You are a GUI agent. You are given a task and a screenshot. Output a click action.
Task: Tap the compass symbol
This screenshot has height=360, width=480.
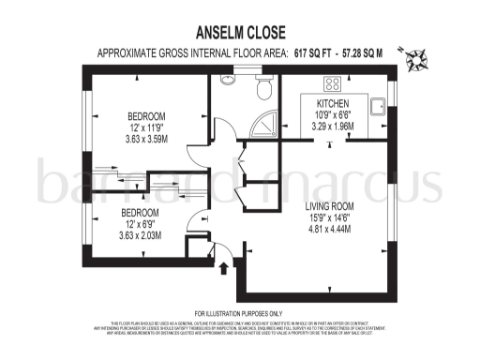pyautogui.click(x=416, y=58)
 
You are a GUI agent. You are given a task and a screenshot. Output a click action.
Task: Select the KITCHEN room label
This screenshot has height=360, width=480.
pyautogui.click(x=333, y=103)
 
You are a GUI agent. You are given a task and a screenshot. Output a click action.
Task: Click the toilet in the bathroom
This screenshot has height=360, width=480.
pyautogui.click(x=265, y=89)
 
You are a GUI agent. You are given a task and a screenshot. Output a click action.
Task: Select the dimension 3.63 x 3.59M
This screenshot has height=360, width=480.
pyautogui.click(x=145, y=140)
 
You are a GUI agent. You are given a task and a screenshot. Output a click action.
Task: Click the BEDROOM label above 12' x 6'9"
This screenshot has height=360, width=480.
pyautogui.click(x=140, y=214)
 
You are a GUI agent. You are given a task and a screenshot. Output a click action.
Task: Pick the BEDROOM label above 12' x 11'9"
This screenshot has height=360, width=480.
pyautogui.click(x=145, y=116)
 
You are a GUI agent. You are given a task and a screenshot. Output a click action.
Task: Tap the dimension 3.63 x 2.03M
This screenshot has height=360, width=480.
pyautogui.click(x=140, y=235)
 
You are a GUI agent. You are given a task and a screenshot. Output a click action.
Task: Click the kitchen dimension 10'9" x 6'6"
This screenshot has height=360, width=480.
pyautogui.click(x=333, y=114)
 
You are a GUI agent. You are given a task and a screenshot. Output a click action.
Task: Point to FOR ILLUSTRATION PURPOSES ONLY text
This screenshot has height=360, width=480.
pyautogui.click(x=239, y=313)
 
